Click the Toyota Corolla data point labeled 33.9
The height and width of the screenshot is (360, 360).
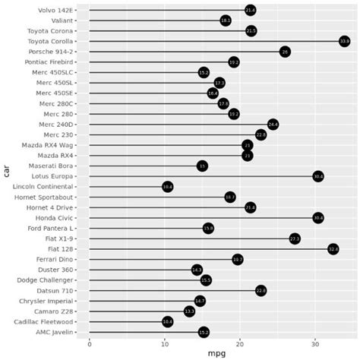344,41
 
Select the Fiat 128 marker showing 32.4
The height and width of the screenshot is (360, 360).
333,248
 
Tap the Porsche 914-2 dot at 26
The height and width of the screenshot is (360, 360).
285,52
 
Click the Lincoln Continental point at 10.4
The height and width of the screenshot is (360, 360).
168,186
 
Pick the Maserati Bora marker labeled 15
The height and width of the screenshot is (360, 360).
202,166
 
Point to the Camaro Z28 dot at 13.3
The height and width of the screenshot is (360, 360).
189,311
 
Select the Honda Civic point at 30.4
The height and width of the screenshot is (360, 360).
318,217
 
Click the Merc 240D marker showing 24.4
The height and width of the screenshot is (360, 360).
273,124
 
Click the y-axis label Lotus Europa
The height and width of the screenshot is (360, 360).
55,176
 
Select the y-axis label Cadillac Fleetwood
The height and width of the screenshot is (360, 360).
47,321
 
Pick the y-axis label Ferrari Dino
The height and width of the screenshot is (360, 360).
55,259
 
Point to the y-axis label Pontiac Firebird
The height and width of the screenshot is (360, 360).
50,62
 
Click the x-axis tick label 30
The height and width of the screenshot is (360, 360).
315,344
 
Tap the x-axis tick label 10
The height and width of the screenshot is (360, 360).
165,344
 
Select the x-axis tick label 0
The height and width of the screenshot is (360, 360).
90,344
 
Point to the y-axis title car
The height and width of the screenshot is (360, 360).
6,171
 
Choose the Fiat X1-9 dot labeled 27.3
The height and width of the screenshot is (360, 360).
295,238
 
